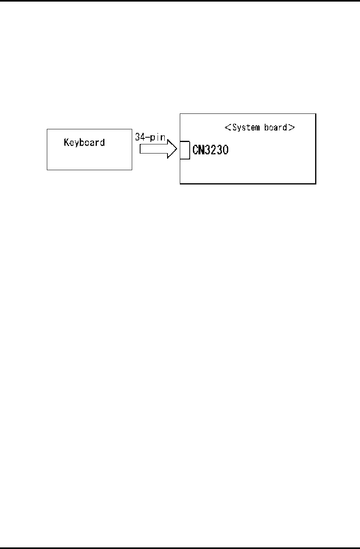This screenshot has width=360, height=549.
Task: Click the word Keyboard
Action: click(x=84, y=142)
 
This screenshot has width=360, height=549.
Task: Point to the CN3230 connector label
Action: click(x=210, y=150)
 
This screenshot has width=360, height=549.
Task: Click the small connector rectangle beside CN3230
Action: click(x=185, y=150)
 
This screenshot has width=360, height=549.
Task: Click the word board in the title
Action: click(x=275, y=128)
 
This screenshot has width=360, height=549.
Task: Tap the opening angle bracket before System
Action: click(x=228, y=128)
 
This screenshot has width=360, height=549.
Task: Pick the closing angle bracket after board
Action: click(x=291, y=128)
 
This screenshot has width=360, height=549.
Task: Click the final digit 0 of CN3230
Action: click(x=225, y=150)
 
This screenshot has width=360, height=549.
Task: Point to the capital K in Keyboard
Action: click(x=66, y=142)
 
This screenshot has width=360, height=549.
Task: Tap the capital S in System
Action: click(x=235, y=128)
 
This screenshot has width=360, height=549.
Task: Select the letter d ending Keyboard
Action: click(x=102, y=142)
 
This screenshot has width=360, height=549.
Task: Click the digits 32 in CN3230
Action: click(x=210, y=150)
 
